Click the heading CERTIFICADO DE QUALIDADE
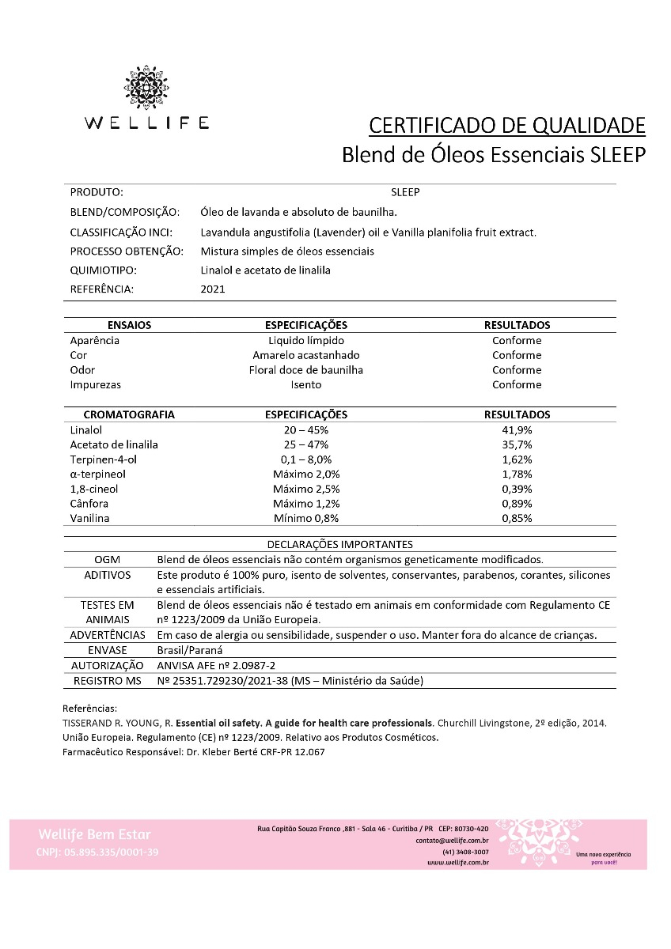point(507,125)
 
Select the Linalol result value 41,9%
point(517,429)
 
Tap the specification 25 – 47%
point(305,444)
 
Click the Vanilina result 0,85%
point(517,518)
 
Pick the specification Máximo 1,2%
point(305,504)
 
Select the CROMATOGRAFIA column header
point(129,414)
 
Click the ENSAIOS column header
point(129,325)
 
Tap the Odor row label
point(82,370)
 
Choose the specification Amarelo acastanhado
point(305,355)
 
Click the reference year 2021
point(213,289)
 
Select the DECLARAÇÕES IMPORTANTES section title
point(339,544)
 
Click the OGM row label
point(107,559)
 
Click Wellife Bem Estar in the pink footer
point(93,834)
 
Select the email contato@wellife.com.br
point(452,840)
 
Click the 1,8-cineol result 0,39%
point(517,489)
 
